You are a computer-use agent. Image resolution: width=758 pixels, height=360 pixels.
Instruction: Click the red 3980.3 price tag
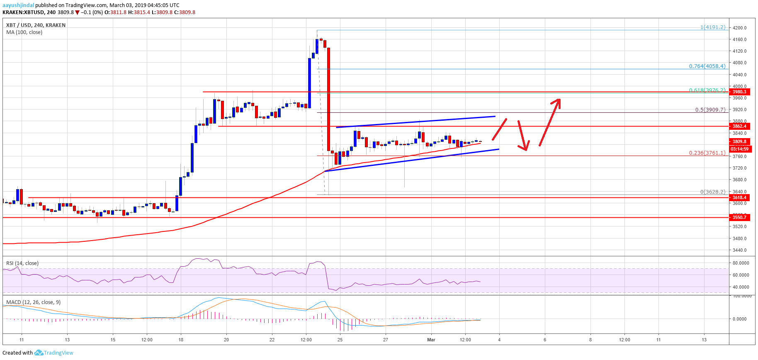pyautogui.click(x=739, y=92)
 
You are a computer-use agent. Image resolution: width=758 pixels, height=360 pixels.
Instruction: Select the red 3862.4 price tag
pyautogui.click(x=739, y=126)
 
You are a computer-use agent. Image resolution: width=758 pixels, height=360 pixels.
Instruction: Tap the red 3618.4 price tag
pyautogui.click(x=739, y=197)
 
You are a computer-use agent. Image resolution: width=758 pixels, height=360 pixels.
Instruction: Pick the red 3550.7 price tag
pyautogui.click(x=739, y=217)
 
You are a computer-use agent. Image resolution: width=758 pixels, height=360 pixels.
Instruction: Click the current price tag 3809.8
pyautogui.click(x=739, y=141)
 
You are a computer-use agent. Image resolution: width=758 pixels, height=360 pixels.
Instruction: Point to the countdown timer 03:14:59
pyautogui.click(x=740, y=149)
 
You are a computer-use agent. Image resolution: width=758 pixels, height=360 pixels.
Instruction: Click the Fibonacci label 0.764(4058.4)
pyautogui.click(x=707, y=66)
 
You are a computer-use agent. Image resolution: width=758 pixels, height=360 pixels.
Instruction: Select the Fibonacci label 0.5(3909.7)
pyautogui.click(x=710, y=110)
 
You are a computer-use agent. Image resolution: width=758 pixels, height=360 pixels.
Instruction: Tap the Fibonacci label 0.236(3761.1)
pyautogui.click(x=707, y=153)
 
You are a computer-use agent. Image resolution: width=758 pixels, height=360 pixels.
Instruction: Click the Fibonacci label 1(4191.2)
pyautogui.click(x=713, y=27)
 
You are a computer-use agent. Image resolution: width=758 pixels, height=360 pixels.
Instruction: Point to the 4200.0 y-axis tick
pyautogui.click(x=739, y=28)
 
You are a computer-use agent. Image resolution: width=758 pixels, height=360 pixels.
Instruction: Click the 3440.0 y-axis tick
pyautogui.click(x=739, y=250)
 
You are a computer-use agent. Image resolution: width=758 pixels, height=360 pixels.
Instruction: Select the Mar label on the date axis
pyautogui.click(x=431, y=340)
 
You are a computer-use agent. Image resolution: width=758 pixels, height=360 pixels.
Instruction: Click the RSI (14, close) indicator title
pyautogui.click(x=22, y=263)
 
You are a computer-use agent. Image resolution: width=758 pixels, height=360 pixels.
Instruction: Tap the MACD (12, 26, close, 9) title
pyautogui.click(x=33, y=302)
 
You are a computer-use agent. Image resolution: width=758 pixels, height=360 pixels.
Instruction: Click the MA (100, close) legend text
pyautogui.click(x=24, y=32)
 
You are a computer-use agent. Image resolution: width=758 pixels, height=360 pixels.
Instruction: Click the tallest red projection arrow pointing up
pyautogui.click(x=550, y=122)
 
